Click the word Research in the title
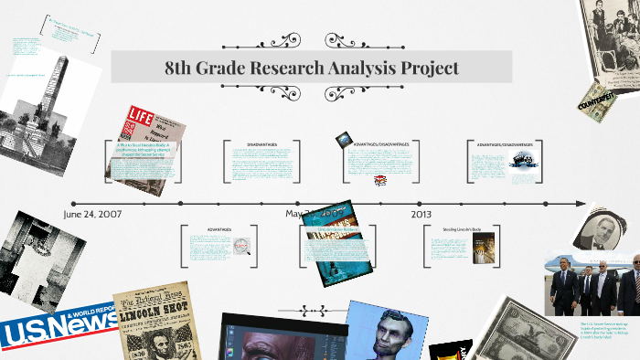[x=294, y=68]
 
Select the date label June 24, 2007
[x=93, y=214]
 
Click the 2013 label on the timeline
[x=421, y=214]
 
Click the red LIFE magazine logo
[x=141, y=117]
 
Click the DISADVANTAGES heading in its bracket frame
[x=261, y=144]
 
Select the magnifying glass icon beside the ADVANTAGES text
[x=241, y=245]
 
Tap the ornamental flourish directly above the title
[x=311, y=40]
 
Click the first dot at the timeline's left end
[x=74, y=203]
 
